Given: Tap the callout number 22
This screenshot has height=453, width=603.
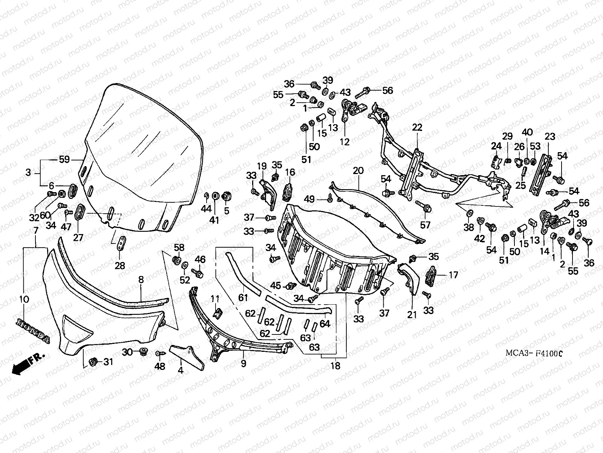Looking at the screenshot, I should click(417, 128).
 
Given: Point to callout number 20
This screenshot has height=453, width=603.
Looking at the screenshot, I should click(358, 171).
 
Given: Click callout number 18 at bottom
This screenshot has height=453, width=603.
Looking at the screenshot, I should click(335, 365).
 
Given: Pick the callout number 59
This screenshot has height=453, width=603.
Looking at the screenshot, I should click(64, 160).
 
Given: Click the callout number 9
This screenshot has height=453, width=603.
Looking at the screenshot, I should click(243, 363).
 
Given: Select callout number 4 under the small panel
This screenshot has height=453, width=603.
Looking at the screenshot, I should click(181, 370).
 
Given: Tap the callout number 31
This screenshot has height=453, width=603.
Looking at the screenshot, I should click(108, 362).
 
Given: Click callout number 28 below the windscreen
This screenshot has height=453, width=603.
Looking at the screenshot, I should click(120, 266).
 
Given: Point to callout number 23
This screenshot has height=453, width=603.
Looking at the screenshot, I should click(549, 136).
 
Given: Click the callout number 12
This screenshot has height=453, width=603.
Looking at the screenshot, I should click(344, 142).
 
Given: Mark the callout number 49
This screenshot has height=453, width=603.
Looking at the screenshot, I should click(309, 199).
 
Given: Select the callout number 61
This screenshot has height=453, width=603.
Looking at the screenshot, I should click(243, 298).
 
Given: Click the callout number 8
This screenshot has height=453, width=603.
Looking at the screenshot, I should click(141, 280).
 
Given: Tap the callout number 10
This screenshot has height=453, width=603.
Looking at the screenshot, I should click(24, 299).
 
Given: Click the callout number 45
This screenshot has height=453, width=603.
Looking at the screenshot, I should click(275, 286).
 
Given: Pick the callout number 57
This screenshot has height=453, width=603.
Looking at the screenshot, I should click(425, 225).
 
